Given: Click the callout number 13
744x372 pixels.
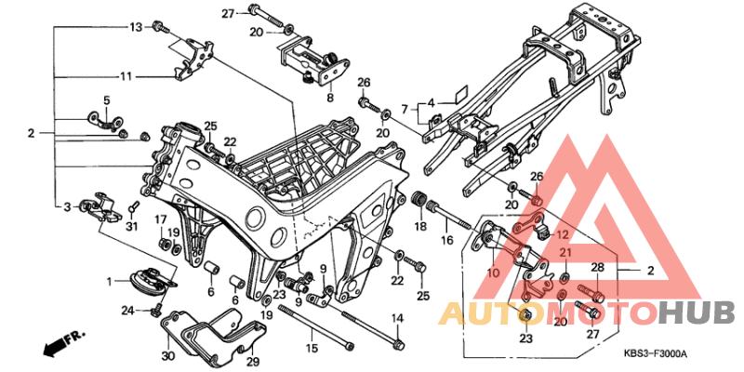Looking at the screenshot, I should pyautogui.click(x=136, y=26).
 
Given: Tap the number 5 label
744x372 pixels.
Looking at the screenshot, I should pyautogui.click(x=106, y=100).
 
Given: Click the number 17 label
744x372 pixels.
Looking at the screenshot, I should pyautogui.click(x=160, y=219).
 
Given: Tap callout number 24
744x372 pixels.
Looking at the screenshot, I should pyautogui.click(x=126, y=310).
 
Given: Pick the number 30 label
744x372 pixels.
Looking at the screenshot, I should pyautogui.click(x=167, y=355).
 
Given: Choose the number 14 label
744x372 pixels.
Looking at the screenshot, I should pyautogui.click(x=397, y=319).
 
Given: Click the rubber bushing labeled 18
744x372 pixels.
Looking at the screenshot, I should pyautogui.click(x=421, y=201).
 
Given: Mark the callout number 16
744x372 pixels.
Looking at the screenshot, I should pyautogui.click(x=446, y=240).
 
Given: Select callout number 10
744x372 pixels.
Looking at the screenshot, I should pyautogui.click(x=492, y=272).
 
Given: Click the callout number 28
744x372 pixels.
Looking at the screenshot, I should pyautogui.click(x=597, y=267).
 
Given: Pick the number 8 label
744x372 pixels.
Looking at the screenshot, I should pyautogui.click(x=329, y=97).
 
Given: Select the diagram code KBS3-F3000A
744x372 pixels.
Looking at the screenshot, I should pyautogui.click(x=656, y=353).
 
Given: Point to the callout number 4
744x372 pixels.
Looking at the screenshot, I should pyautogui.click(x=432, y=103).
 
